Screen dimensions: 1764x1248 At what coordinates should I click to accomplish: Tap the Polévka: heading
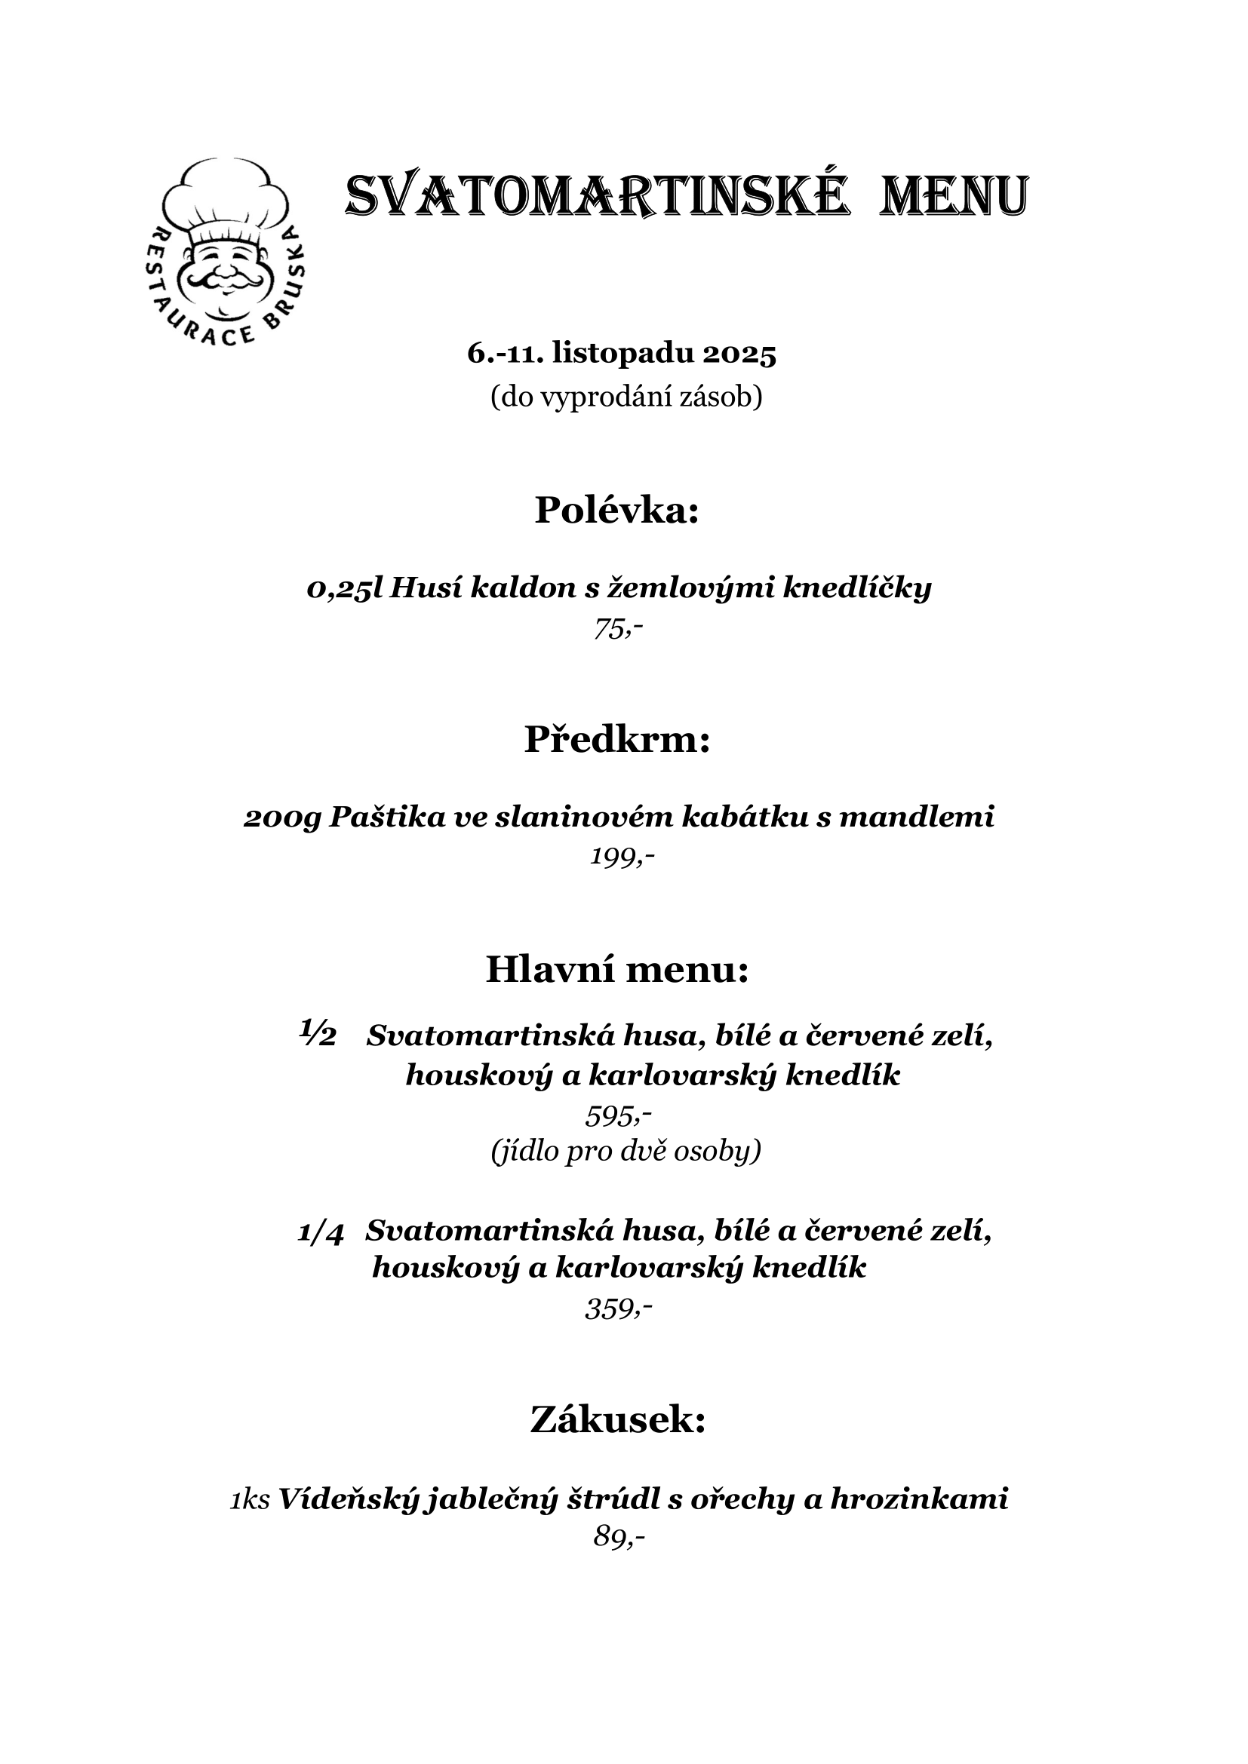pos(617,509)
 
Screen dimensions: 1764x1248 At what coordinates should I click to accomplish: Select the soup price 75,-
pos(618,629)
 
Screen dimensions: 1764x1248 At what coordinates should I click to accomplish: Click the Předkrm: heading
pos(617,739)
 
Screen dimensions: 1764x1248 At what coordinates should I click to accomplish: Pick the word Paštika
pos(386,818)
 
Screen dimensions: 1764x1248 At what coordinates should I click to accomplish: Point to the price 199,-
pos(622,857)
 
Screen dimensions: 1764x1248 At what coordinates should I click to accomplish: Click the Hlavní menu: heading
pos(617,970)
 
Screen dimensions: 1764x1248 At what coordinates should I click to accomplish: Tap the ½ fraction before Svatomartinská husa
pos(318,1033)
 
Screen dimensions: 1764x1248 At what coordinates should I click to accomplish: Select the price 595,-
pos(619,1115)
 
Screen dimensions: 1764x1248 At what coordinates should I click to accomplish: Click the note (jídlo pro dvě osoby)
pos(626,1152)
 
